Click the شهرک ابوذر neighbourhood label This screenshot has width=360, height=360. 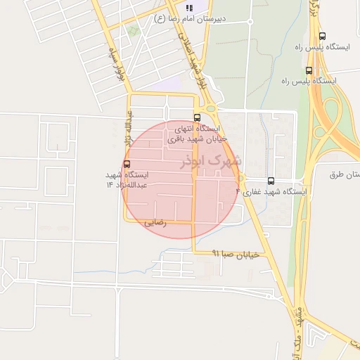tap(211, 161)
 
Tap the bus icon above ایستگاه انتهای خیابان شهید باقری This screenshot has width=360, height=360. tap(197, 118)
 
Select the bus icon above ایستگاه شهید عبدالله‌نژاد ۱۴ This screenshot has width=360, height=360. tap(127, 164)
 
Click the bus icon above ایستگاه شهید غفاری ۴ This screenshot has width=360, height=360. tap(271, 181)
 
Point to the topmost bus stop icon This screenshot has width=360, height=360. tap(322, 36)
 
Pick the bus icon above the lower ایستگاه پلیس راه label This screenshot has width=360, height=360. tap(309, 70)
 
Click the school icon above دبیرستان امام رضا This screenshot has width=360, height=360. tap(188, 7)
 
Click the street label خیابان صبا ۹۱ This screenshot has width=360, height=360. tap(236, 254)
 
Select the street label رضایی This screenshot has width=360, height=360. tap(155, 222)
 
